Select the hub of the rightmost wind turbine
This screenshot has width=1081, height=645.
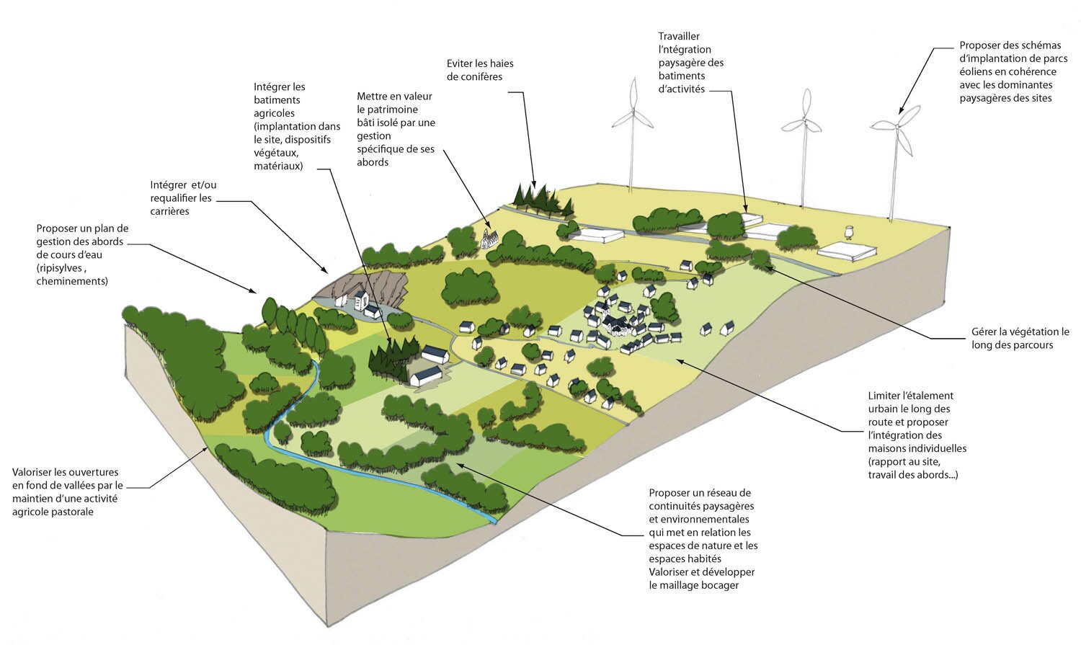tap(897, 127)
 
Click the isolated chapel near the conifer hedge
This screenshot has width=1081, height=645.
tap(490, 238)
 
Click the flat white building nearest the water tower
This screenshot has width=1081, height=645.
tap(848, 251)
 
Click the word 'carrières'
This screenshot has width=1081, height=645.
tap(170, 211)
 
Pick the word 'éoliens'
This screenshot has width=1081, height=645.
tap(977, 71)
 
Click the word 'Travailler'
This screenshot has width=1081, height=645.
tap(679, 36)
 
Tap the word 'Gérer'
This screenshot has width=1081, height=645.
tap(984, 332)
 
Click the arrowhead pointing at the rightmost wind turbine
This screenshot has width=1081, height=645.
tap(900, 112)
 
